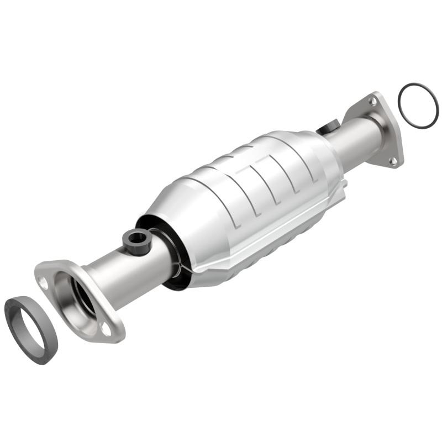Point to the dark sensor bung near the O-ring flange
pos(328,128)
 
